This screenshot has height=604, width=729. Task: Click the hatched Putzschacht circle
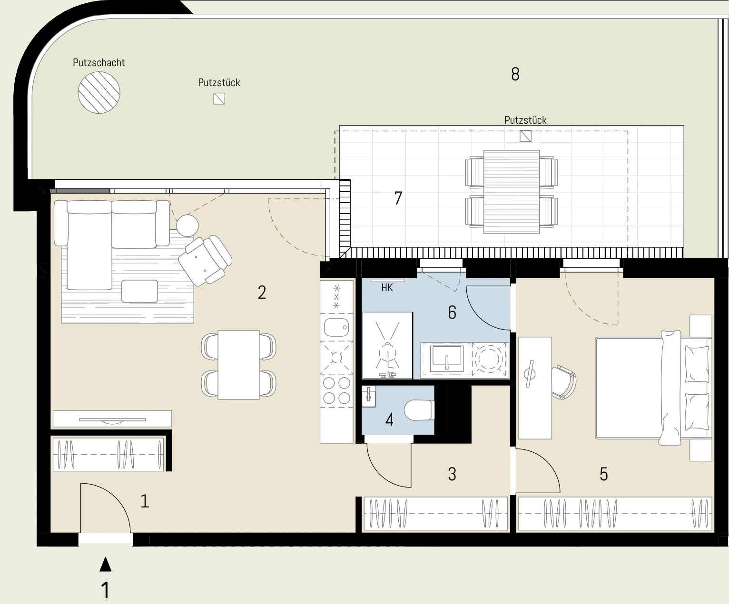[99, 92]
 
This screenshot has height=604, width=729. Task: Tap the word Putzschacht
[99, 63]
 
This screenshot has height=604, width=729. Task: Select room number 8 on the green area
[515, 74]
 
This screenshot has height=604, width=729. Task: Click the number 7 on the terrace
[398, 198]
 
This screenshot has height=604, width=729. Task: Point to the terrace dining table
[512, 192]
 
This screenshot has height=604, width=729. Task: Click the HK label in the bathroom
[387, 288]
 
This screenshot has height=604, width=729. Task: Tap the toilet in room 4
[419, 410]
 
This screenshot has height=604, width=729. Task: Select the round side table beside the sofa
[187, 226]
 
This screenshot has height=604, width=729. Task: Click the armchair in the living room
[205, 260]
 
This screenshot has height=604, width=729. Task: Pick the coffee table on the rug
[139, 291]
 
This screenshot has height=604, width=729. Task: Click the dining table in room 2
[239, 365]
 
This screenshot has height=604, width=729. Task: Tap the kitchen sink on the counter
[336, 327]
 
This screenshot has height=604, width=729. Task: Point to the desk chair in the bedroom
[563, 382]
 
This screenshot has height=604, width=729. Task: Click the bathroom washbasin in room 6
[447, 359]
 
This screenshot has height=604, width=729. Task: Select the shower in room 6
[387, 345]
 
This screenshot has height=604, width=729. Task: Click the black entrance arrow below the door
[106, 564]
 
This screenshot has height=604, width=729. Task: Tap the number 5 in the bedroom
[604, 474]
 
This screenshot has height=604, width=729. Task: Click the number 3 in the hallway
[452, 474]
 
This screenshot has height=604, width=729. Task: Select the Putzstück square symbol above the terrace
[525, 136]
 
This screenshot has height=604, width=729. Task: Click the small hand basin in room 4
[369, 396]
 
